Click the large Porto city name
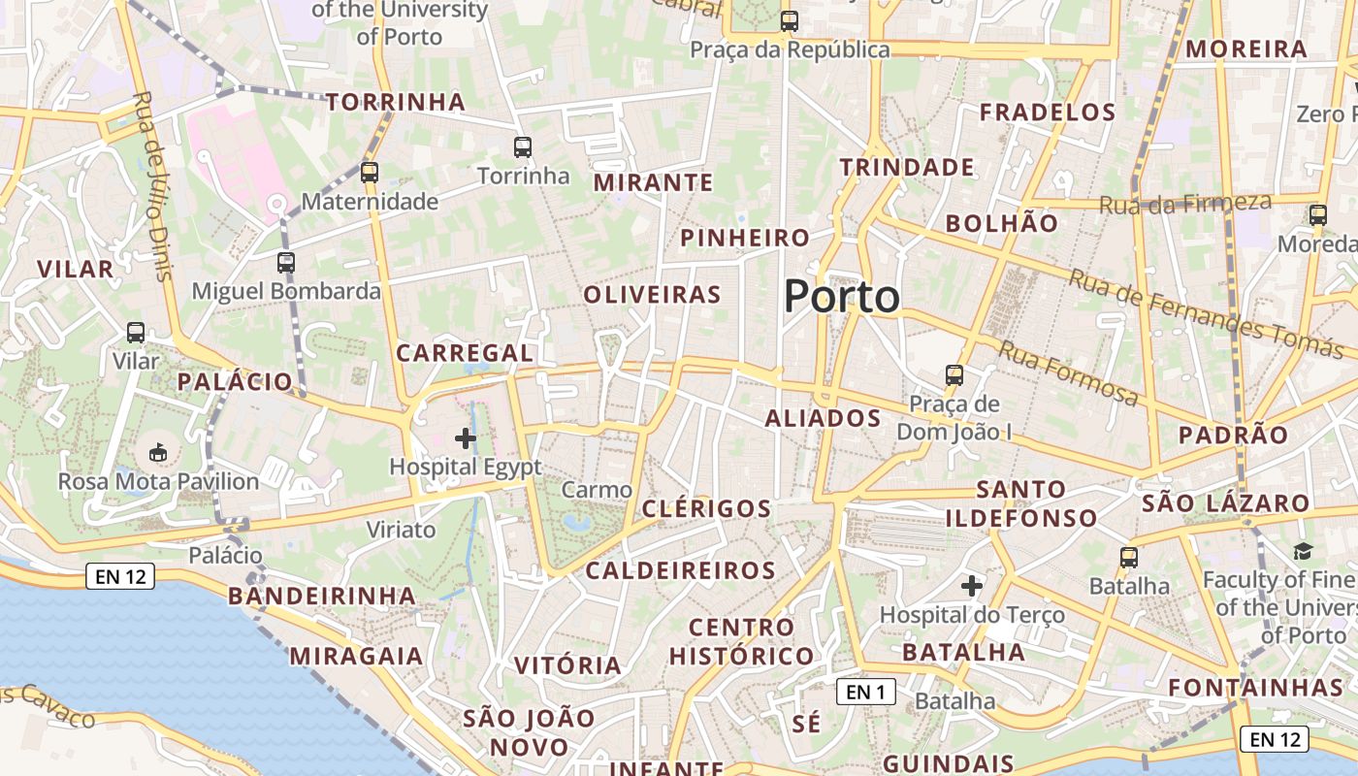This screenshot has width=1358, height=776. point(841,296)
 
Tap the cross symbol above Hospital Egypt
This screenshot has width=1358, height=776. point(466,438)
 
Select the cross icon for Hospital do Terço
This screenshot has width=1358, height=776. point(972,586)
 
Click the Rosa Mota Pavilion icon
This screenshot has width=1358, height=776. point(158,452)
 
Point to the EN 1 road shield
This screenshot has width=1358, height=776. point(865,692)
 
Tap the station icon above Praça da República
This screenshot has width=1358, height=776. point(790,20)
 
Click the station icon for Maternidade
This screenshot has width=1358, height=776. point(370,173)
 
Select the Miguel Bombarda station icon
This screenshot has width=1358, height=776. point(286,262)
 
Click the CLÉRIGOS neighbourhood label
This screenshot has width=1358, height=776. point(706,509)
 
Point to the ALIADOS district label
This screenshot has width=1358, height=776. point(823,419)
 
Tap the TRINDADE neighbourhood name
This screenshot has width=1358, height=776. point(907,168)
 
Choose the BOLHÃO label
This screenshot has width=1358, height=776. point(1002,223)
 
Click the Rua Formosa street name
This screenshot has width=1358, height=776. point(1069,373)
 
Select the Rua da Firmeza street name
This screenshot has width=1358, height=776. point(1184,204)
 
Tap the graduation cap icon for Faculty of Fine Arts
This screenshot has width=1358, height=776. point(1302,552)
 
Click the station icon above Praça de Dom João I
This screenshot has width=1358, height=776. point(954,374)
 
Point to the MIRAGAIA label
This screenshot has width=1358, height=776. point(356,657)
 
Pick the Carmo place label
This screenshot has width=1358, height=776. point(597,490)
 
